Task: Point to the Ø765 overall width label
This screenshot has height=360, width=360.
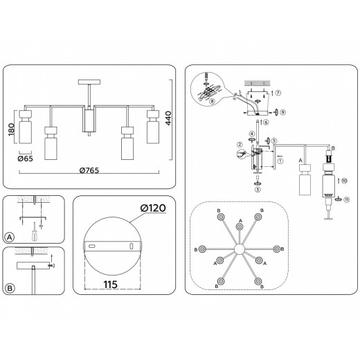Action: tap(91, 170)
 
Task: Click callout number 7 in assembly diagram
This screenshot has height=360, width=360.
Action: tap(278, 93)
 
